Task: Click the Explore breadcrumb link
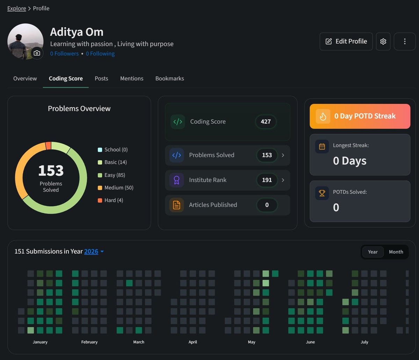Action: pos(16,8)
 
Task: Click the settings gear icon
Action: pos(383,42)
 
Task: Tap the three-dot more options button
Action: pos(405,42)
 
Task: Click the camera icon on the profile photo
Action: pos(37,53)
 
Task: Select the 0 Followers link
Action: pos(64,53)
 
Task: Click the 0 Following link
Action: pos(100,53)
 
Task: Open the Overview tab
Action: pos(25,78)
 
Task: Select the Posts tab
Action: pos(101,78)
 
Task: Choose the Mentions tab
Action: pos(132,78)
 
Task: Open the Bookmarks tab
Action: pos(170,78)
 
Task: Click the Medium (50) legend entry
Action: pos(115,188)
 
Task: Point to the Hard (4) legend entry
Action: pos(110,200)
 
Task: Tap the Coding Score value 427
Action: pos(266,122)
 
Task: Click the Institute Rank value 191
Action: pos(267,180)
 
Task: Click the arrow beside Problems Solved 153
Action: pos(283,155)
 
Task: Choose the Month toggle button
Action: pos(396,252)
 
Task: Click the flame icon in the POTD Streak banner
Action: pos(323,116)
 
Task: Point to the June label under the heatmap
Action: pos(310,342)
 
